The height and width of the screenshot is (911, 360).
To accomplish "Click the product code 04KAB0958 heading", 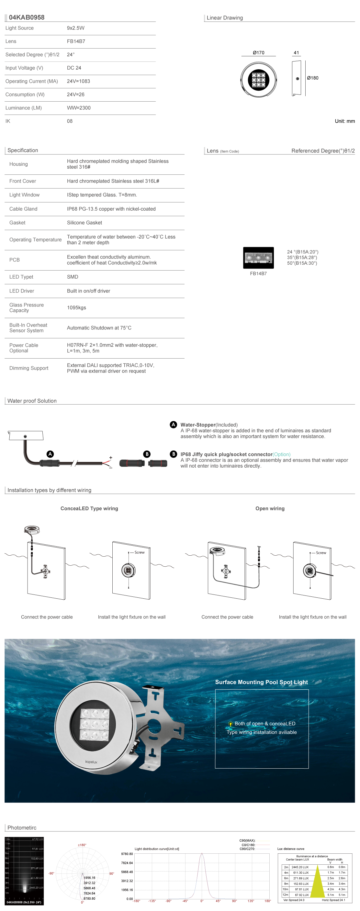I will [x=27, y=17].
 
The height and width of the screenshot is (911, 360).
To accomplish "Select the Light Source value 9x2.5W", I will [x=76, y=28].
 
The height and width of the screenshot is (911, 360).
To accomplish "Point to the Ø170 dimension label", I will [x=258, y=53].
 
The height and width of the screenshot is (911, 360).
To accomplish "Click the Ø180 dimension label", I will [x=313, y=78].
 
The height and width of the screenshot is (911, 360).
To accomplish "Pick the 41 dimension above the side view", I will [x=296, y=53].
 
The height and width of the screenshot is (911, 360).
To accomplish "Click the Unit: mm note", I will [x=344, y=121].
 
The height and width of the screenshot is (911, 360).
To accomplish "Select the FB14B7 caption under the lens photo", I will [x=258, y=273].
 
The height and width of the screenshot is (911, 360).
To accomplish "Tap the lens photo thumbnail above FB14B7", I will [x=258, y=258].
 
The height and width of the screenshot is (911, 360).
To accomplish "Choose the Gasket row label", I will [x=17, y=223].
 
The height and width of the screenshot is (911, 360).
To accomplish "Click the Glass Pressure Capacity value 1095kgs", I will [x=76, y=308].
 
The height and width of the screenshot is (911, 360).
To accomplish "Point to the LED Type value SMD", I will [x=73, y=277].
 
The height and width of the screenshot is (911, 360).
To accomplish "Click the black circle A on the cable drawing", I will [x=50, y=454].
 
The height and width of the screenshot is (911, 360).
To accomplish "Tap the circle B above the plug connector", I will [x=147, y=454].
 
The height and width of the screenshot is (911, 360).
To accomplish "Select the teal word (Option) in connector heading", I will [x=282, y=454].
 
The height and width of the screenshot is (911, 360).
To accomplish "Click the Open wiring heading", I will [x=270, y=508].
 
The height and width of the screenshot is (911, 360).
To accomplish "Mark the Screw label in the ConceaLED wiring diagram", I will [x=139, y=552].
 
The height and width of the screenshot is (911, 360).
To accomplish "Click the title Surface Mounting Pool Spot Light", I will [x=261, y=682].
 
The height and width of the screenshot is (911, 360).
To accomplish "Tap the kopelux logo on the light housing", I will [x=91, y=761].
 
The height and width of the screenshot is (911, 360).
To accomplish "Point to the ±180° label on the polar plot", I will [x=82, y=845].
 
